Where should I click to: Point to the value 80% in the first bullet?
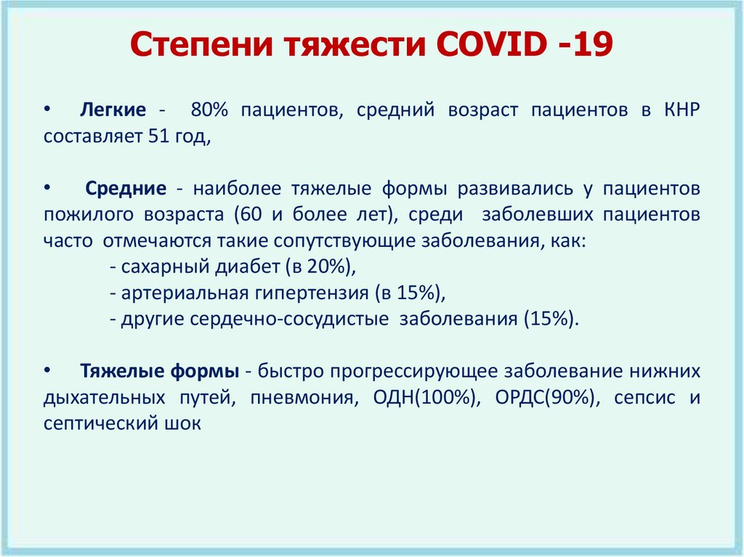pyautogui.click(x=210, y=110)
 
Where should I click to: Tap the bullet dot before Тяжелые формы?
pyautogui.click(x=48, y=370)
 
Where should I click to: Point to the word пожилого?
pyautogui.click(x=82, y=216)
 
